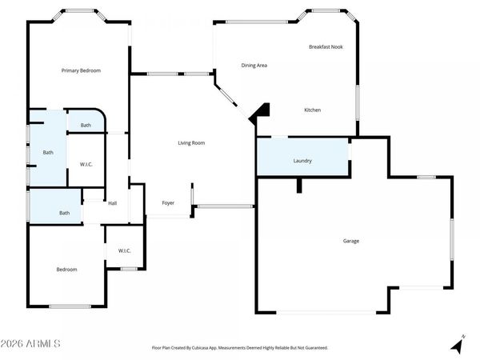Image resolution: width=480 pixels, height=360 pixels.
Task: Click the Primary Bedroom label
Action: [x=82, y=70]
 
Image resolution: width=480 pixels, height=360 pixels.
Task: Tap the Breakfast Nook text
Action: [x=326, y=47]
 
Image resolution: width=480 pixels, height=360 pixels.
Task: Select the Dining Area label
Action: [x=254, y=65]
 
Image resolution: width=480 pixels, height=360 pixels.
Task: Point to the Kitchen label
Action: [x=312, y=110]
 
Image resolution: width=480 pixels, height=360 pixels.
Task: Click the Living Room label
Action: [x=191, y=143]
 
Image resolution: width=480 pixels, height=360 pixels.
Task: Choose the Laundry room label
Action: [x=302, y=161]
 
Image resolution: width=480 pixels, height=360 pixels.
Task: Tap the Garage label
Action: [x=351, y=241]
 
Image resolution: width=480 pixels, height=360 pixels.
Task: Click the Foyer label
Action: [x=169, y=203]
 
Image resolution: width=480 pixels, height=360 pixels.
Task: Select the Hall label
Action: [x=113, y=203]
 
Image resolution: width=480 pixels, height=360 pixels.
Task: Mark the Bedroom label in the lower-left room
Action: [x=66, y=270]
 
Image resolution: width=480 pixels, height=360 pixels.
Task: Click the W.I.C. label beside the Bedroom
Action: [x=125, y=250]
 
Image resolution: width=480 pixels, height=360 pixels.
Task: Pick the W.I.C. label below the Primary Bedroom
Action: [x=86, y=165]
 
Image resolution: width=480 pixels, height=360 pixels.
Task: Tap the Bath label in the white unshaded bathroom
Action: [x=86, y=126]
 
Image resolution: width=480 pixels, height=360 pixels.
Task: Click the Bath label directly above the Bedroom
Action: [x=65, y=213]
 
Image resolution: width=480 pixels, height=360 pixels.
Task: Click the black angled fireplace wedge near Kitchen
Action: [x=259, y=115]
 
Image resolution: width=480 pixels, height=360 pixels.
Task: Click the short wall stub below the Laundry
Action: [x=298, y=185]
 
